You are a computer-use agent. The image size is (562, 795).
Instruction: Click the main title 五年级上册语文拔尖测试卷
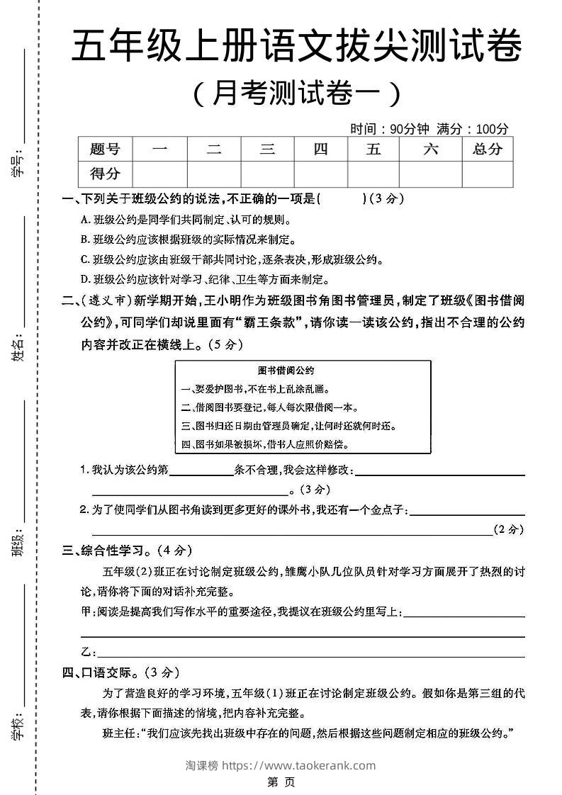pyautogui.click(x=296, y=48)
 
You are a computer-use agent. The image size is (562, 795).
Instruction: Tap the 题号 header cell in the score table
pyautogui.click(x=105, y=149)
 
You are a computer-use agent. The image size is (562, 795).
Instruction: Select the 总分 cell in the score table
pyautogui.click(x=487, y=149)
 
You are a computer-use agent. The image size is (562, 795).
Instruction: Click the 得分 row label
pyautogui.click(x=105, y=174)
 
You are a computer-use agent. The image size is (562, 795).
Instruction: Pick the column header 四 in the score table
pyautogui.click(x=320, y=149)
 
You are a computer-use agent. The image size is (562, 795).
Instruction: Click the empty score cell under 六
pyautogui.click(x=430, y=174)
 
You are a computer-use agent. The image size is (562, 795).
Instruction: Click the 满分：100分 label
pyautogui.click(x=473, y=129)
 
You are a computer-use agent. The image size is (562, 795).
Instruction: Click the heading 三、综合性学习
pyautogui.click(x=128, y=550)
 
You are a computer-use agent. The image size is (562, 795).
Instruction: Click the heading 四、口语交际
pyautogui.click(x=121, y=672)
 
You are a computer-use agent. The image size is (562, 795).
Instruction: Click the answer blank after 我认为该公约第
pyautogui.click(x=201, y=470)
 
